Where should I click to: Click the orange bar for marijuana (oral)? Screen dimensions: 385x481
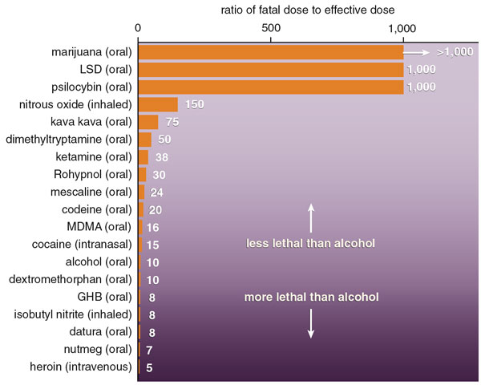tap(271, 52)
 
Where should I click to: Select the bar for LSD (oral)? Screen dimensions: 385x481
tap(271, 70)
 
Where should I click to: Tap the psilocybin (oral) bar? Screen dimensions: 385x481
tap(271, 87)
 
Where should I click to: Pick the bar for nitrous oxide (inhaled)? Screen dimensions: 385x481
tap(158, 104)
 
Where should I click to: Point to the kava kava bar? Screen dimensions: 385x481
tap(148, 122)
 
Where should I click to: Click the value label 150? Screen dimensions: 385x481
tap(195, 104)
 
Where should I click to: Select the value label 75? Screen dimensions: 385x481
tap(171, 122)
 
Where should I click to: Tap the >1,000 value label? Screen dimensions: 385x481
tap(455, 52)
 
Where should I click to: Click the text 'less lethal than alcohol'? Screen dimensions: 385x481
tap(311, 243)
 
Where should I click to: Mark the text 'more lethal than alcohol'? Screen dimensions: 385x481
tap(311, 297)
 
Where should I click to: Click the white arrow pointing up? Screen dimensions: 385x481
tap(311, 217)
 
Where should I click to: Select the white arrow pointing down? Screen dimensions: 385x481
tap(311, 323)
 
